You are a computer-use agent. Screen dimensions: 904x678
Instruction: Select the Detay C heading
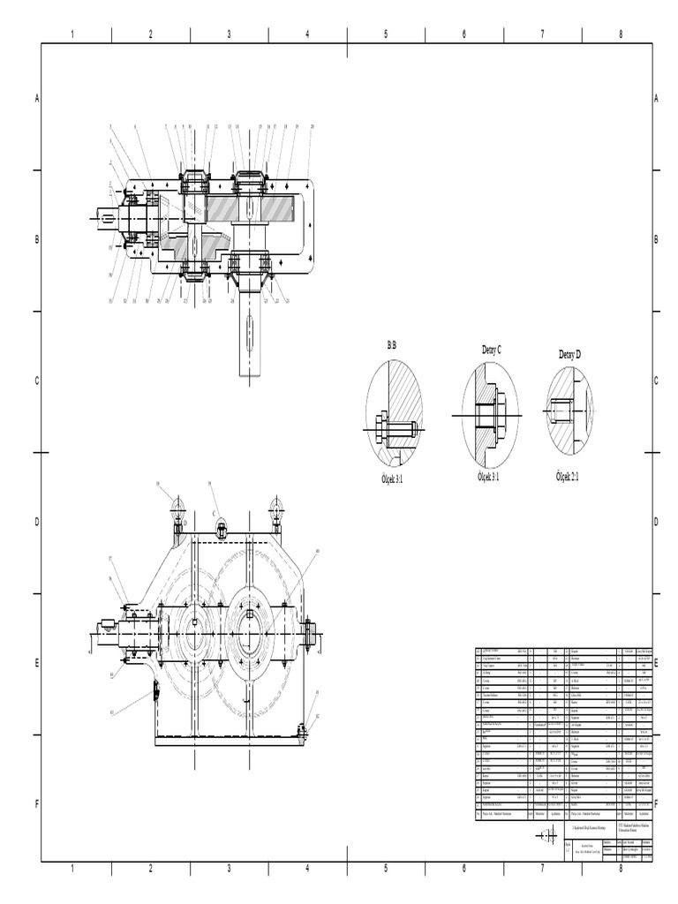(x=491, y=350)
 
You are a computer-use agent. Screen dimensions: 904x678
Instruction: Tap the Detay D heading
(x=569, y=354)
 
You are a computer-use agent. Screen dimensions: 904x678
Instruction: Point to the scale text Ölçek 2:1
(x=572, y=476)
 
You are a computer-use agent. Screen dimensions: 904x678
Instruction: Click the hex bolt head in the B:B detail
(x=381, y=428)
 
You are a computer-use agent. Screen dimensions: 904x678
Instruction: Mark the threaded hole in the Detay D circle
(x=563, y=410)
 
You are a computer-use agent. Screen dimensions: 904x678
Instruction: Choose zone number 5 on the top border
(x=386, y=34)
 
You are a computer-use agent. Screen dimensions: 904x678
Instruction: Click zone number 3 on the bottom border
(x=229, y=869)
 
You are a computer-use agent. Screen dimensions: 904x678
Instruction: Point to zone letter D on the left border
(x=37, y=522)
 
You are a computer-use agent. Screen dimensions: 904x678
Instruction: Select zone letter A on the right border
(x=656, y=99)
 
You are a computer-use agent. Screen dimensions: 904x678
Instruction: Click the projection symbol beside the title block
(x=546, y=835)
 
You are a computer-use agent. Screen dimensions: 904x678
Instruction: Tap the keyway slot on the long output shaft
(x=250, y=336)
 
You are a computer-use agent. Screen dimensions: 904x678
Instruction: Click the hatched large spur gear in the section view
(x=265, y=211)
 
